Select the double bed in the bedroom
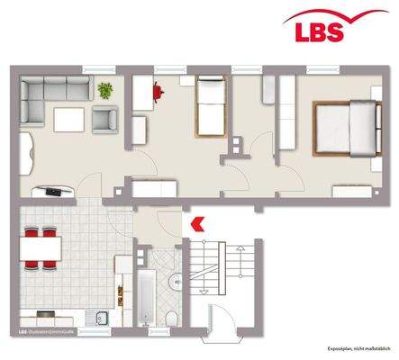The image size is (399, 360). pos(345,128)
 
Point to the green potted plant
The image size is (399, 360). pos(106,90)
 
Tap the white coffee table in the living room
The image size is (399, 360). pos(68,119)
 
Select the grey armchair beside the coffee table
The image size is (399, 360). pos(106,119)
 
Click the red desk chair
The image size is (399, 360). pos(159,88)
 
